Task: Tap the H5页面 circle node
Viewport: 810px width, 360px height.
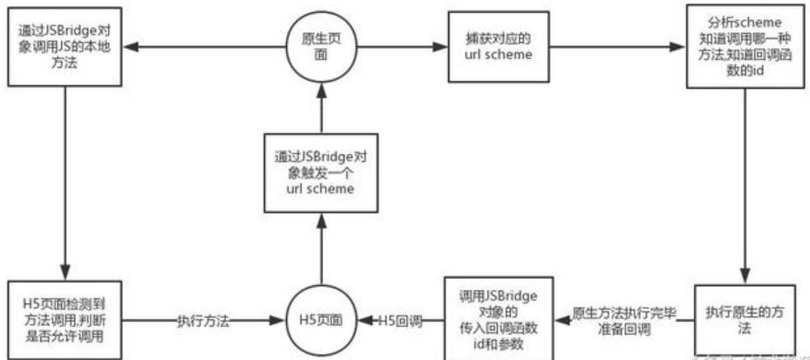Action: click(321, 320)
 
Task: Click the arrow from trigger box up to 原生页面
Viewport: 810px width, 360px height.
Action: click(321, 106)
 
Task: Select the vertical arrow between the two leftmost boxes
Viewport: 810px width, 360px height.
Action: click(65, 183)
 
